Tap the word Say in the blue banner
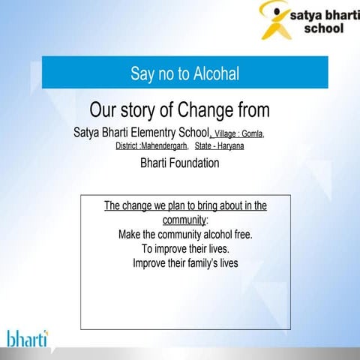[142, 73]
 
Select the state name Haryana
[227, 145]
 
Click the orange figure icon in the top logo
[275, 20]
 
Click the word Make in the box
[131, 234]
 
